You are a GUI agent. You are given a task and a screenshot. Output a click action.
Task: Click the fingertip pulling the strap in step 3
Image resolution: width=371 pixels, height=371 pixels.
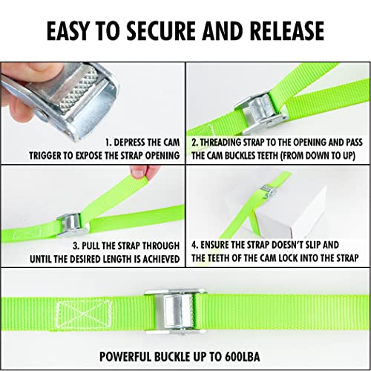[137, 173]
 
